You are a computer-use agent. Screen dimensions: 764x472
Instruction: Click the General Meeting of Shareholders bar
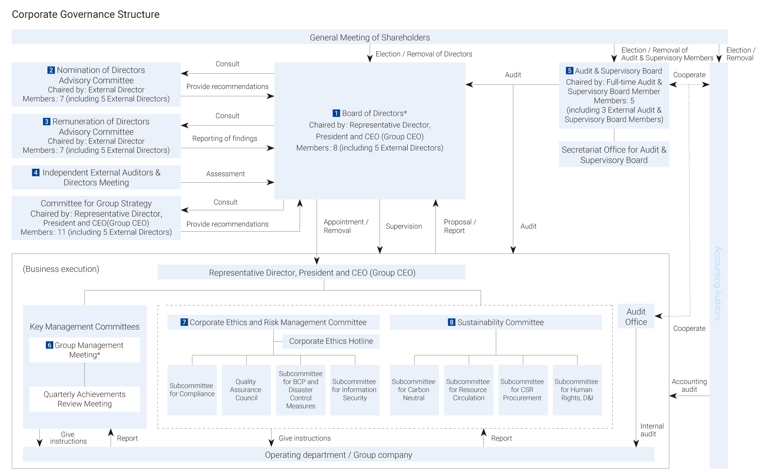click(x=370, y=37)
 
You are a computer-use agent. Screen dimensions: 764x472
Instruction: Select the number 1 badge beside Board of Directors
click(x=336, y=113)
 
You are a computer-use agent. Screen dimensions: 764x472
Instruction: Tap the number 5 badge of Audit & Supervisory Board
click(x=569, y=71)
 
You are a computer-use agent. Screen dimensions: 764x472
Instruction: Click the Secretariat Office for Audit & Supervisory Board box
click(x=614, y=154)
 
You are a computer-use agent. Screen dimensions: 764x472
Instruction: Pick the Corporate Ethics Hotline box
click(x=331, y=341)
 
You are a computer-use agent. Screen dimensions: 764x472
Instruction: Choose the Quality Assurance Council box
click(x=246, y=390)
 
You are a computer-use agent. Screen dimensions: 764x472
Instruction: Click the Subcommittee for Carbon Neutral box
click(x=414, y=390)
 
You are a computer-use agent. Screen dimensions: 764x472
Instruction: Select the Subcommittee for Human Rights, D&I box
click(x=577, y=390)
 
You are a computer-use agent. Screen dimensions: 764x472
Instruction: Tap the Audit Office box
click(x=636, y=316)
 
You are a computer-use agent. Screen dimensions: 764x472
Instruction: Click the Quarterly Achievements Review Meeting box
click(x=85, y=399)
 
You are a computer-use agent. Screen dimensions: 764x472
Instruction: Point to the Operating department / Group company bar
click(x=339, y=454)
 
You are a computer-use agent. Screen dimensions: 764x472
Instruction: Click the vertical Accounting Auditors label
click(x=717, y=283)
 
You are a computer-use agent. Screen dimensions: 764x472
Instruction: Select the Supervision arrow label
click(x=403, y=226)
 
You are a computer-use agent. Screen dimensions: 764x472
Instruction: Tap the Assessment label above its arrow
click(x=226, y=174)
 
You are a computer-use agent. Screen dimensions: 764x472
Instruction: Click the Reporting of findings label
click(x=225, y=138)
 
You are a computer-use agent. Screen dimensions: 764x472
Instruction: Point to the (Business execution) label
click(x=61, y=269)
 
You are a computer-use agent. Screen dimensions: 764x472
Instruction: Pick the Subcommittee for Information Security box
click(x=355, y=390)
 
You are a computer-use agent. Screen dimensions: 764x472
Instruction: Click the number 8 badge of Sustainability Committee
click(x=451, y=322)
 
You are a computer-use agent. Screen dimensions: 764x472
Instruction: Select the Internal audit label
click(x=652, y=430)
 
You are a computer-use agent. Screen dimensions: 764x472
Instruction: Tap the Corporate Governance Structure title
click(x=86, y=14)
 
